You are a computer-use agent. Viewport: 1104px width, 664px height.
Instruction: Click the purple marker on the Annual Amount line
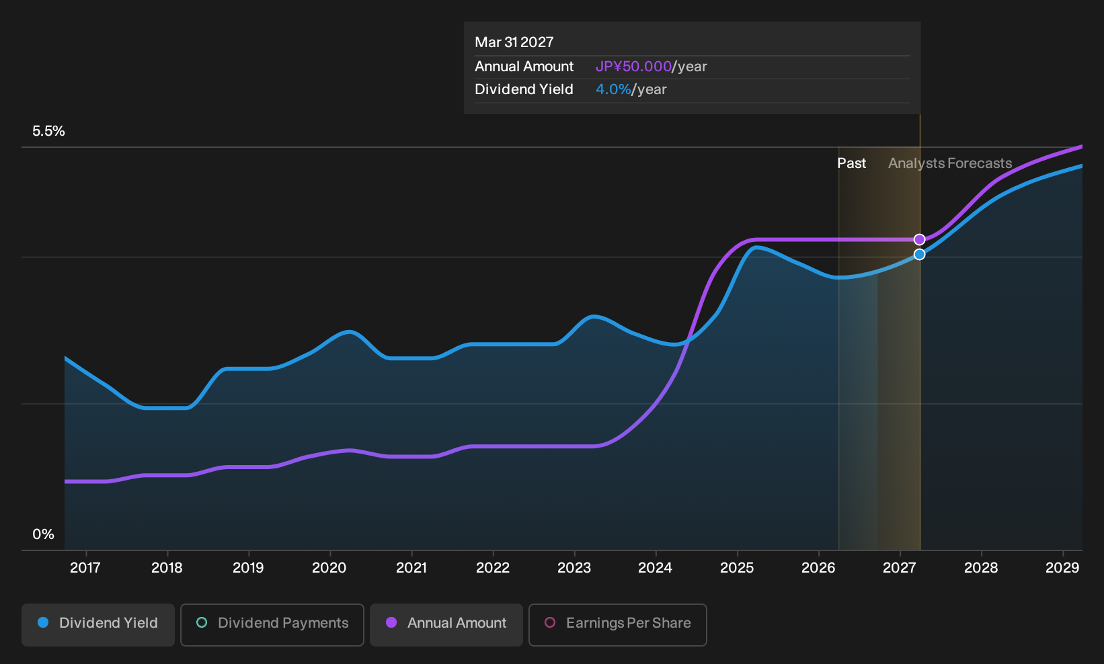point(919,239)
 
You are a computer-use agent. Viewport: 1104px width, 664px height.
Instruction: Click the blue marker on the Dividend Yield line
point(919,254)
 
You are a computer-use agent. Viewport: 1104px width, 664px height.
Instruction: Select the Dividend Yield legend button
point(98,624)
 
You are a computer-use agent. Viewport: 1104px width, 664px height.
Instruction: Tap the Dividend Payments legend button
point(272,624)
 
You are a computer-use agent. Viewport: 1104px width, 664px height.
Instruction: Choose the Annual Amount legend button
point(446,624)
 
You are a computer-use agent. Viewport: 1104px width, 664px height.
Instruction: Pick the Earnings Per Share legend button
point(617,624)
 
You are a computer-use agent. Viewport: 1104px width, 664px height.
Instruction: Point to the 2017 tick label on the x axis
point(85,568)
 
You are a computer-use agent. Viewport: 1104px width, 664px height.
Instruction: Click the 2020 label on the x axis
point(329,568)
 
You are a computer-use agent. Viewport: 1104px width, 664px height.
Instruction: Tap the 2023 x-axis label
point(574,568)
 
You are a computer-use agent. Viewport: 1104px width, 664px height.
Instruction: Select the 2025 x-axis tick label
point(737,568)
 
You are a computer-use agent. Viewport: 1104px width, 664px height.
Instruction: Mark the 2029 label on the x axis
point(1062,568)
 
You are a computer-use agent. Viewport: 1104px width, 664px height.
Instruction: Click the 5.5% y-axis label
point(49,131)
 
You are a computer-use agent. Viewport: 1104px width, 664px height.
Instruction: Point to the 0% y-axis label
point(44,534)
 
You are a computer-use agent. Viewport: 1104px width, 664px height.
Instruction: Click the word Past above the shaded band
point(852,163)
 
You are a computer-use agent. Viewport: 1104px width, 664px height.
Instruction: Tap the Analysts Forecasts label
point(950,163)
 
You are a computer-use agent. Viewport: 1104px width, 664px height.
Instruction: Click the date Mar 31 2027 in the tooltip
point(514,42)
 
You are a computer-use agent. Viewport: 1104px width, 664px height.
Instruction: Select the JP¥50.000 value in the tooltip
point(633,67)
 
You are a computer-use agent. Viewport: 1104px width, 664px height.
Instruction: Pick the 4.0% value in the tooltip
point(613,89)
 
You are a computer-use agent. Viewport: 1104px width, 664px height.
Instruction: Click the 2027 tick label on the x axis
point(900,568)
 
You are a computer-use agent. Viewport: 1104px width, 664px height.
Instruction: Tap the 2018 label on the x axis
point(167,568)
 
